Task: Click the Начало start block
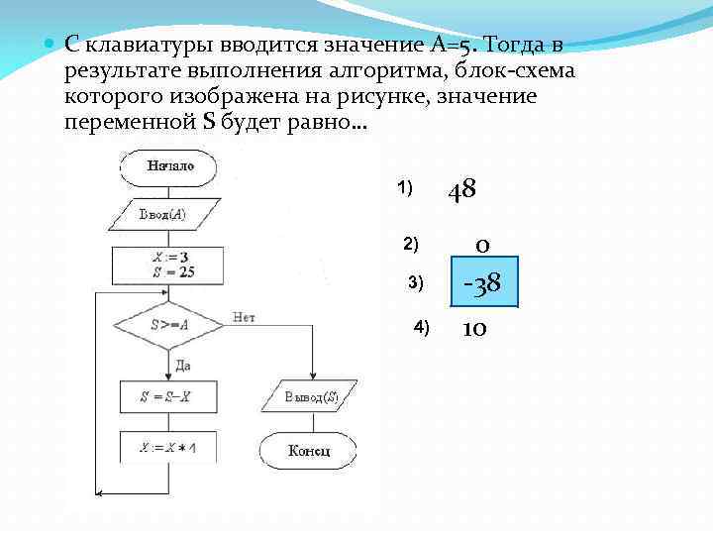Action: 170,165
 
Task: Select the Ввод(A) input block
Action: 162,214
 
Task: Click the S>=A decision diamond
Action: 170,323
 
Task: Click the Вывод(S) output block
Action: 310,397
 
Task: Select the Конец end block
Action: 309,451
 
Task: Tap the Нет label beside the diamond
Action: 244,317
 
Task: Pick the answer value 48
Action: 462,188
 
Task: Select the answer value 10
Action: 473,328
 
